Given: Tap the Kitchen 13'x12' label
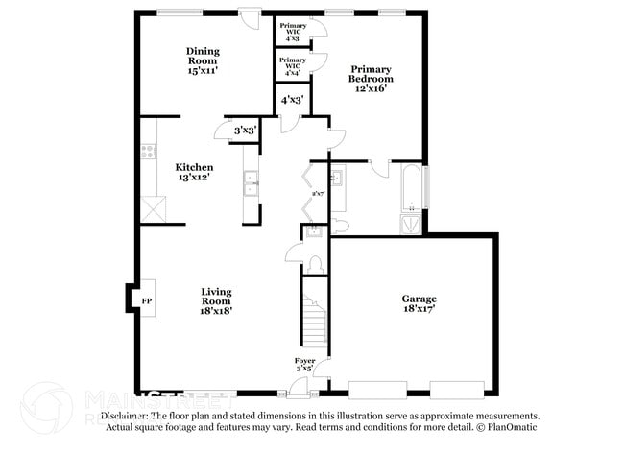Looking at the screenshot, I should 194,172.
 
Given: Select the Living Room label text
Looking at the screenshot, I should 216,299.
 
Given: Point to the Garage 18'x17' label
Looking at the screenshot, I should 419,304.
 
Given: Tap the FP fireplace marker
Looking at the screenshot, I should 147,300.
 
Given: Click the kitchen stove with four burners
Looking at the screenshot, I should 148,151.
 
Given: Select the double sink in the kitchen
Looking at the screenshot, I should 251,182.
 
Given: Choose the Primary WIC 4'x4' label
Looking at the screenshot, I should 293,65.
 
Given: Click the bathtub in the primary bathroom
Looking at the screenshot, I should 411,189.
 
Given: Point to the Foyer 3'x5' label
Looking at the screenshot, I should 304,366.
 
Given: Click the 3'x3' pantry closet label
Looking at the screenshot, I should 245,131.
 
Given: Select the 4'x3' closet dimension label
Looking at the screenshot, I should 292,100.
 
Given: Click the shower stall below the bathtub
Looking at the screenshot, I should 411,224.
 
